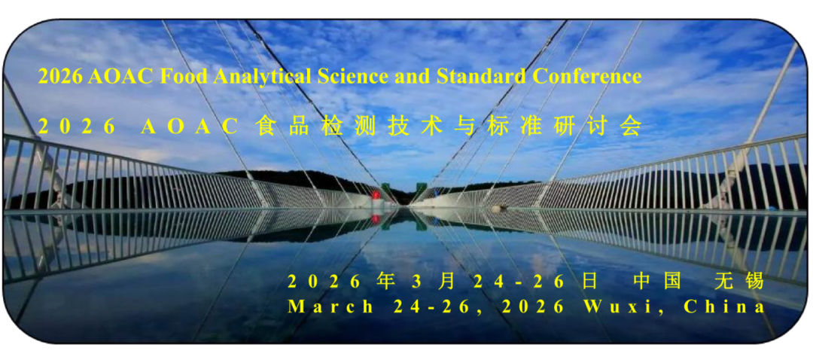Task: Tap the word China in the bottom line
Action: pos(724,307)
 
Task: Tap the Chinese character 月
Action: pos(446,282)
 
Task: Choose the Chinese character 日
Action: pos(590,282)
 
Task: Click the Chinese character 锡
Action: pos(756,282)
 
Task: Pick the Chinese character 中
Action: pos(642,282)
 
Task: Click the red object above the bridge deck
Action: pos(376,196)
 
